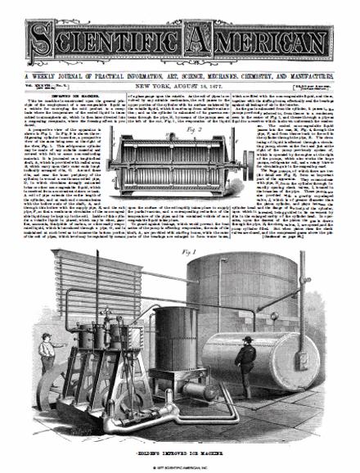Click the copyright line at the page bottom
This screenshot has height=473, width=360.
(180, 466)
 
